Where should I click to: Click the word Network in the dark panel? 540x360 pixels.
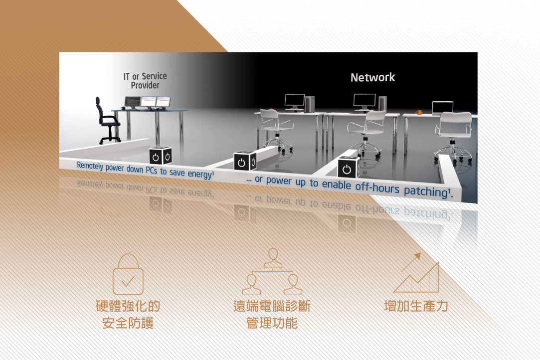(x=372, y=77)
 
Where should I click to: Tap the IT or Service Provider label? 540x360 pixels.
(x=145, y=81)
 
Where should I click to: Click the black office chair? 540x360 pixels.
(x=107, y=120)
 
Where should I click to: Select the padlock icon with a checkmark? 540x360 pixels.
(x=128, y=274)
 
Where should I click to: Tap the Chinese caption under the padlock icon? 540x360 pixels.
(x=128, y=314)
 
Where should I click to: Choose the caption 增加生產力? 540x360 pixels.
(x=416, y=306)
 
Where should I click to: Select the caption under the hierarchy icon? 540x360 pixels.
(x=272, y=314)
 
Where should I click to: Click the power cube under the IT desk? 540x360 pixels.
(x=160, y=156)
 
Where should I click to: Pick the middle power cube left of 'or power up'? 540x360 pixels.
(x=245, y=161)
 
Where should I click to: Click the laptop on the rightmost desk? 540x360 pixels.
(x=443, y=108)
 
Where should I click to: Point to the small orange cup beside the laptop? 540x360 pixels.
(x=419, y=112)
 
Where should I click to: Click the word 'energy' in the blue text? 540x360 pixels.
(x=200, y=174)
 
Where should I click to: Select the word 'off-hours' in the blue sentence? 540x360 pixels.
(x=377, y=188)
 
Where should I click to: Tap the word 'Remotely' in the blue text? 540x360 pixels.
(x=90, y=166)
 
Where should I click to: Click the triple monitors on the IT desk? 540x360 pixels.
(x=147, y=102)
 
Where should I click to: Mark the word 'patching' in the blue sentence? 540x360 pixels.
(x=426, y=191)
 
